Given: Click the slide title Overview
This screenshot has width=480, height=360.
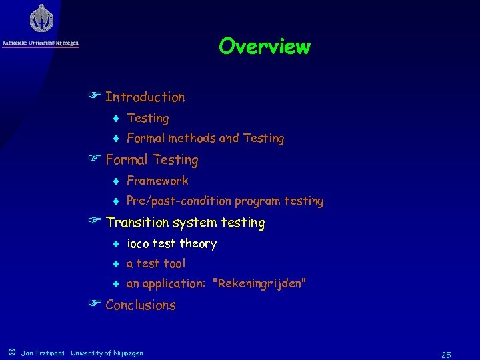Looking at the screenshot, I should (264, 47).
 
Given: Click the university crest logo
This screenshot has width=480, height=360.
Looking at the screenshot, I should (41, 19).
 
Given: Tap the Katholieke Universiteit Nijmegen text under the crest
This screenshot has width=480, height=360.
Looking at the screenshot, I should (41, 43).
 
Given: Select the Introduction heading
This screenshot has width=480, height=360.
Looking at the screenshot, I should (145, 97).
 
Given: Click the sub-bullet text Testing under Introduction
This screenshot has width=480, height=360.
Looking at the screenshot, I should (147, 119).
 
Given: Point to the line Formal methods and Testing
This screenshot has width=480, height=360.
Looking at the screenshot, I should (205, 139).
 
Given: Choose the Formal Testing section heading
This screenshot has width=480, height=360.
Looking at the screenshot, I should (151, 160).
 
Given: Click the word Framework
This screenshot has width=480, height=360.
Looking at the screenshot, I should (157, 181).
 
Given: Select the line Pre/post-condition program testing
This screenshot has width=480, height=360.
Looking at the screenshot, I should (225, 201).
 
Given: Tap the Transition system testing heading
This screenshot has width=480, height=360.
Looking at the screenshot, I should (185, 223).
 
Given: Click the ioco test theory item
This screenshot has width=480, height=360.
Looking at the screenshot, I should (171, 244).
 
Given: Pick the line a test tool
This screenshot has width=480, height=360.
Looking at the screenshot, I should (155, 264).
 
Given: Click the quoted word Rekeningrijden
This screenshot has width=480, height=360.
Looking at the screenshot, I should (259, 284).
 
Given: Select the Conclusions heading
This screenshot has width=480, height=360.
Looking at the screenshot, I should (140, 305).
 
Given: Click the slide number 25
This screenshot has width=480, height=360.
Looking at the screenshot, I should (446, 355).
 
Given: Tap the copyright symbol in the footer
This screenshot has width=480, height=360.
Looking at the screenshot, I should (11, 353).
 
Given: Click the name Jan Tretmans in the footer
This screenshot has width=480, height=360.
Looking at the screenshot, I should (43, 353).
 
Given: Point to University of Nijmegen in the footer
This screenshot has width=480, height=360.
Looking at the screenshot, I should (107, 353).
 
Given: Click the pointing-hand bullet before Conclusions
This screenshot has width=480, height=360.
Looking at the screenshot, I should (94, 305).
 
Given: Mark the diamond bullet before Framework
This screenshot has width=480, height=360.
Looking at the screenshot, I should (115, 181).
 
